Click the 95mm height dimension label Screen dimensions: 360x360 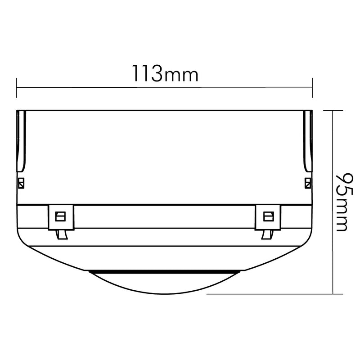(342, 202)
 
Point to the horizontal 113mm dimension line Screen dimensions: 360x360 (165, 87)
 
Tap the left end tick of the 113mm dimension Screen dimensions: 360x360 (17, 87)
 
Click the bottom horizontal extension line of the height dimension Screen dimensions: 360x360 (270, 293)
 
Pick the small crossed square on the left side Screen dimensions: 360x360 (21, 183)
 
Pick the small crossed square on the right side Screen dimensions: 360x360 (308, 183)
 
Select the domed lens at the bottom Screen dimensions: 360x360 (165, 283)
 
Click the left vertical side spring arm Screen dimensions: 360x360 (21, 142)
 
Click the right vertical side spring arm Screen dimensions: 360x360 (307, 142)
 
